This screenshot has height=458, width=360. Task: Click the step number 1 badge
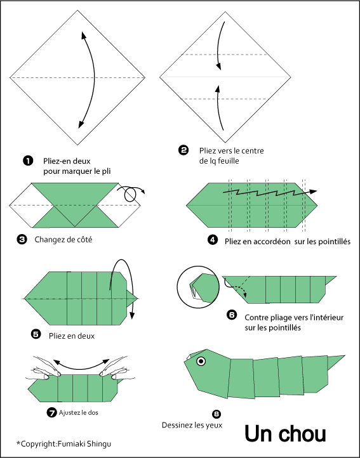pos(28,160)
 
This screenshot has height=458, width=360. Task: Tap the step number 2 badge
pos(183,150)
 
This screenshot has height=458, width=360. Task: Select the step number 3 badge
pos(22,240)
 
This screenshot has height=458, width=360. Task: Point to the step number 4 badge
pos(213,240)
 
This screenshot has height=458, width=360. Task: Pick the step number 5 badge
pos(36,334)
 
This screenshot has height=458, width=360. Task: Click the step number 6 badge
pos(232,315)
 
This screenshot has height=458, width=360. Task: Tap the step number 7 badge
pos(51,412)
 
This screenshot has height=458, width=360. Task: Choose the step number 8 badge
pos(217,414)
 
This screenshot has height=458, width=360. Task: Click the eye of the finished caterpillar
pos(201,362)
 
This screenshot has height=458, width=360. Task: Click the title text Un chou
pos(285,433)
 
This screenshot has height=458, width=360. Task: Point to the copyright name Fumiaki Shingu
pos(84,444)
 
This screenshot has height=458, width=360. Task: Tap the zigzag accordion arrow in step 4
pos(270,192)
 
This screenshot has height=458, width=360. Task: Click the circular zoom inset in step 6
pos(198,287)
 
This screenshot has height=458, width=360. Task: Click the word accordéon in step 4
pos(272,242)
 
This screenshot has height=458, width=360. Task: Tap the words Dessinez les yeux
pos(192,425)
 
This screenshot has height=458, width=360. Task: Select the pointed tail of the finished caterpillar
pos(336,362)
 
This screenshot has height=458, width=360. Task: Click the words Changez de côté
pos(63,240)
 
